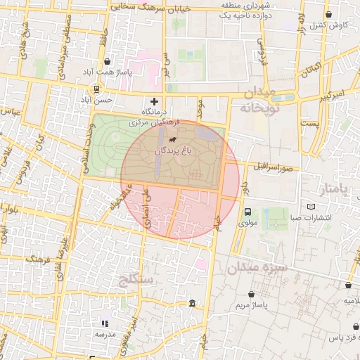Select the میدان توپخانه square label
(x=259, y=101)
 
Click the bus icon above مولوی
(x=247, y=212)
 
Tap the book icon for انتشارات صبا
(x=311, y=207)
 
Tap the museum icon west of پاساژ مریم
(x=193, y=303)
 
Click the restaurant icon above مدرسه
(x=105, y=323)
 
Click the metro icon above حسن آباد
(x=96, y=89)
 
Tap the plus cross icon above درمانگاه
(x=155, y=101)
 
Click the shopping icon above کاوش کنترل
(x=328, y=14)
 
